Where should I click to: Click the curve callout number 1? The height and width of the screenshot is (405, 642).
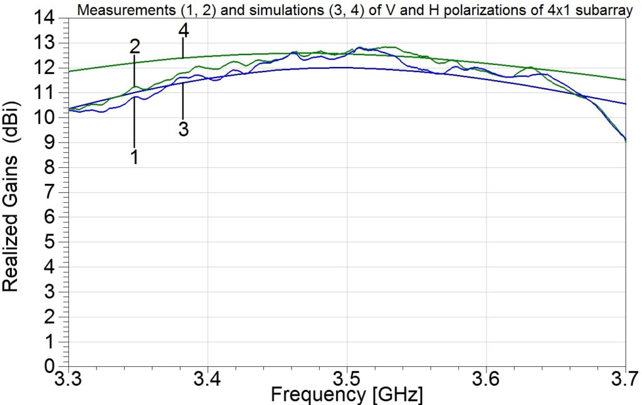134,158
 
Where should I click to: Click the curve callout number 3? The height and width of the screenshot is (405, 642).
183,129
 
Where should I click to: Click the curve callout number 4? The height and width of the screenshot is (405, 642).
183,29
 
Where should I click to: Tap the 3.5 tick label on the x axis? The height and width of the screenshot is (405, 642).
347,379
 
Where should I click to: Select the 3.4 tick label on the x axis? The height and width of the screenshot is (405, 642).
208,379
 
